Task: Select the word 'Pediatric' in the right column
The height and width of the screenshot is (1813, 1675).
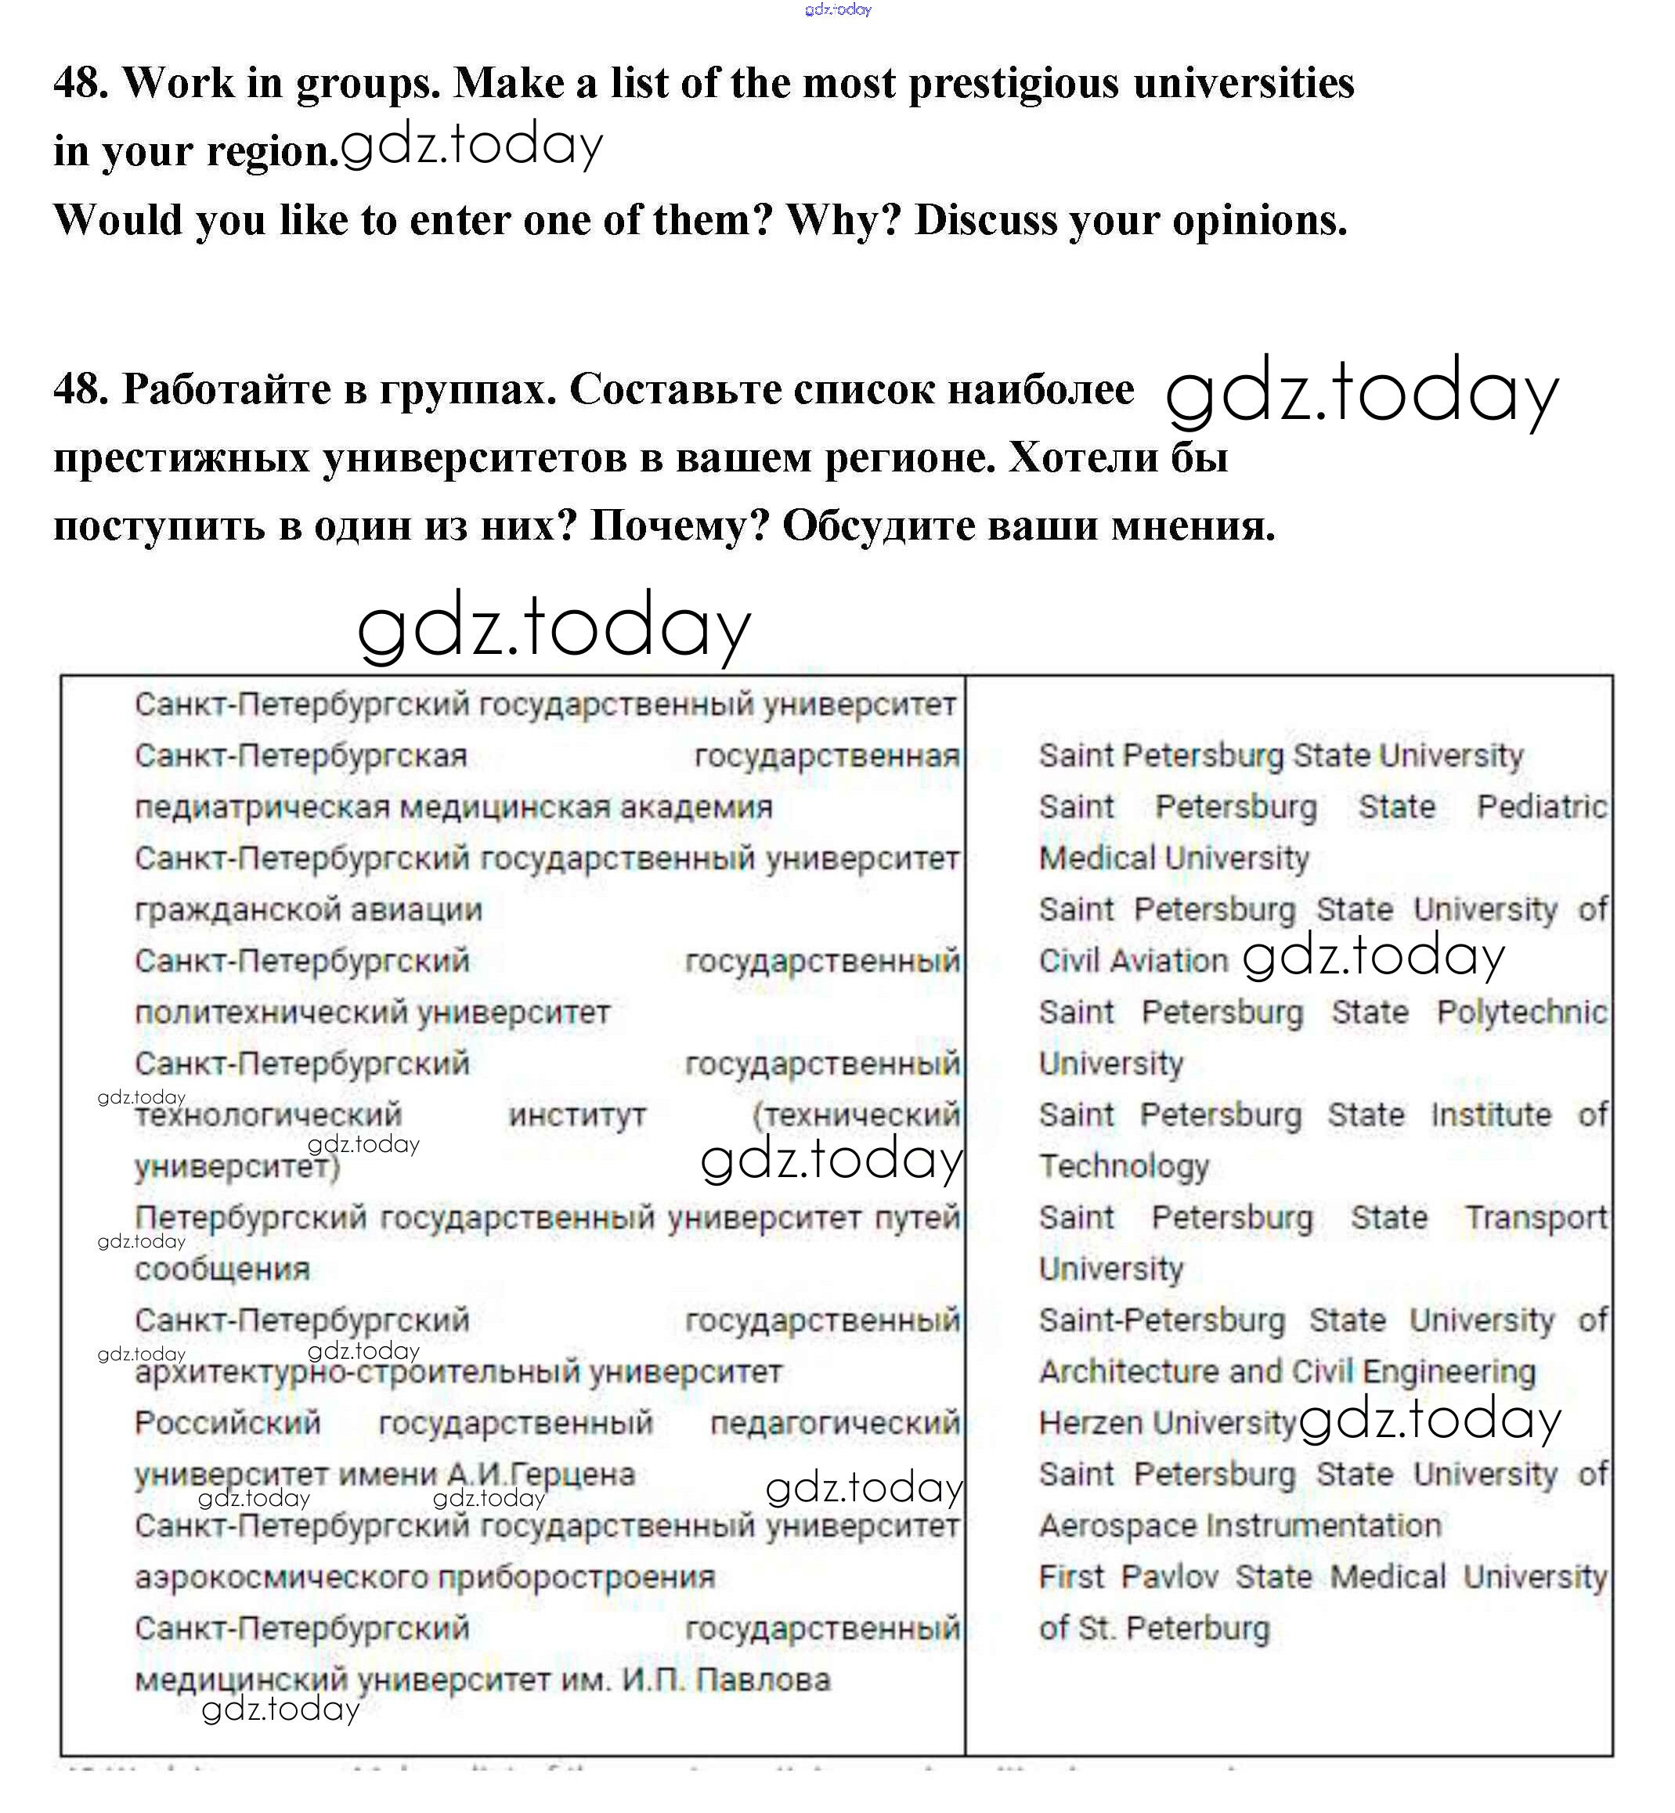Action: click(x=1541, y=807)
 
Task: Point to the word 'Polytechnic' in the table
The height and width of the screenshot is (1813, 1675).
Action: click(x=1521, y=1013)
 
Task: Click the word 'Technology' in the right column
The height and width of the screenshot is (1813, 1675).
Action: click(x=1124, y=1167)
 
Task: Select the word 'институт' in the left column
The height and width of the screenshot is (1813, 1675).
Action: click(x=577, y=1115)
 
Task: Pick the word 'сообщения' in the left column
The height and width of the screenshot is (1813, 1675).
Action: click(x=222, y=1269)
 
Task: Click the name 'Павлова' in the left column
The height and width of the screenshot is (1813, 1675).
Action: click(x=763, y=1680)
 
